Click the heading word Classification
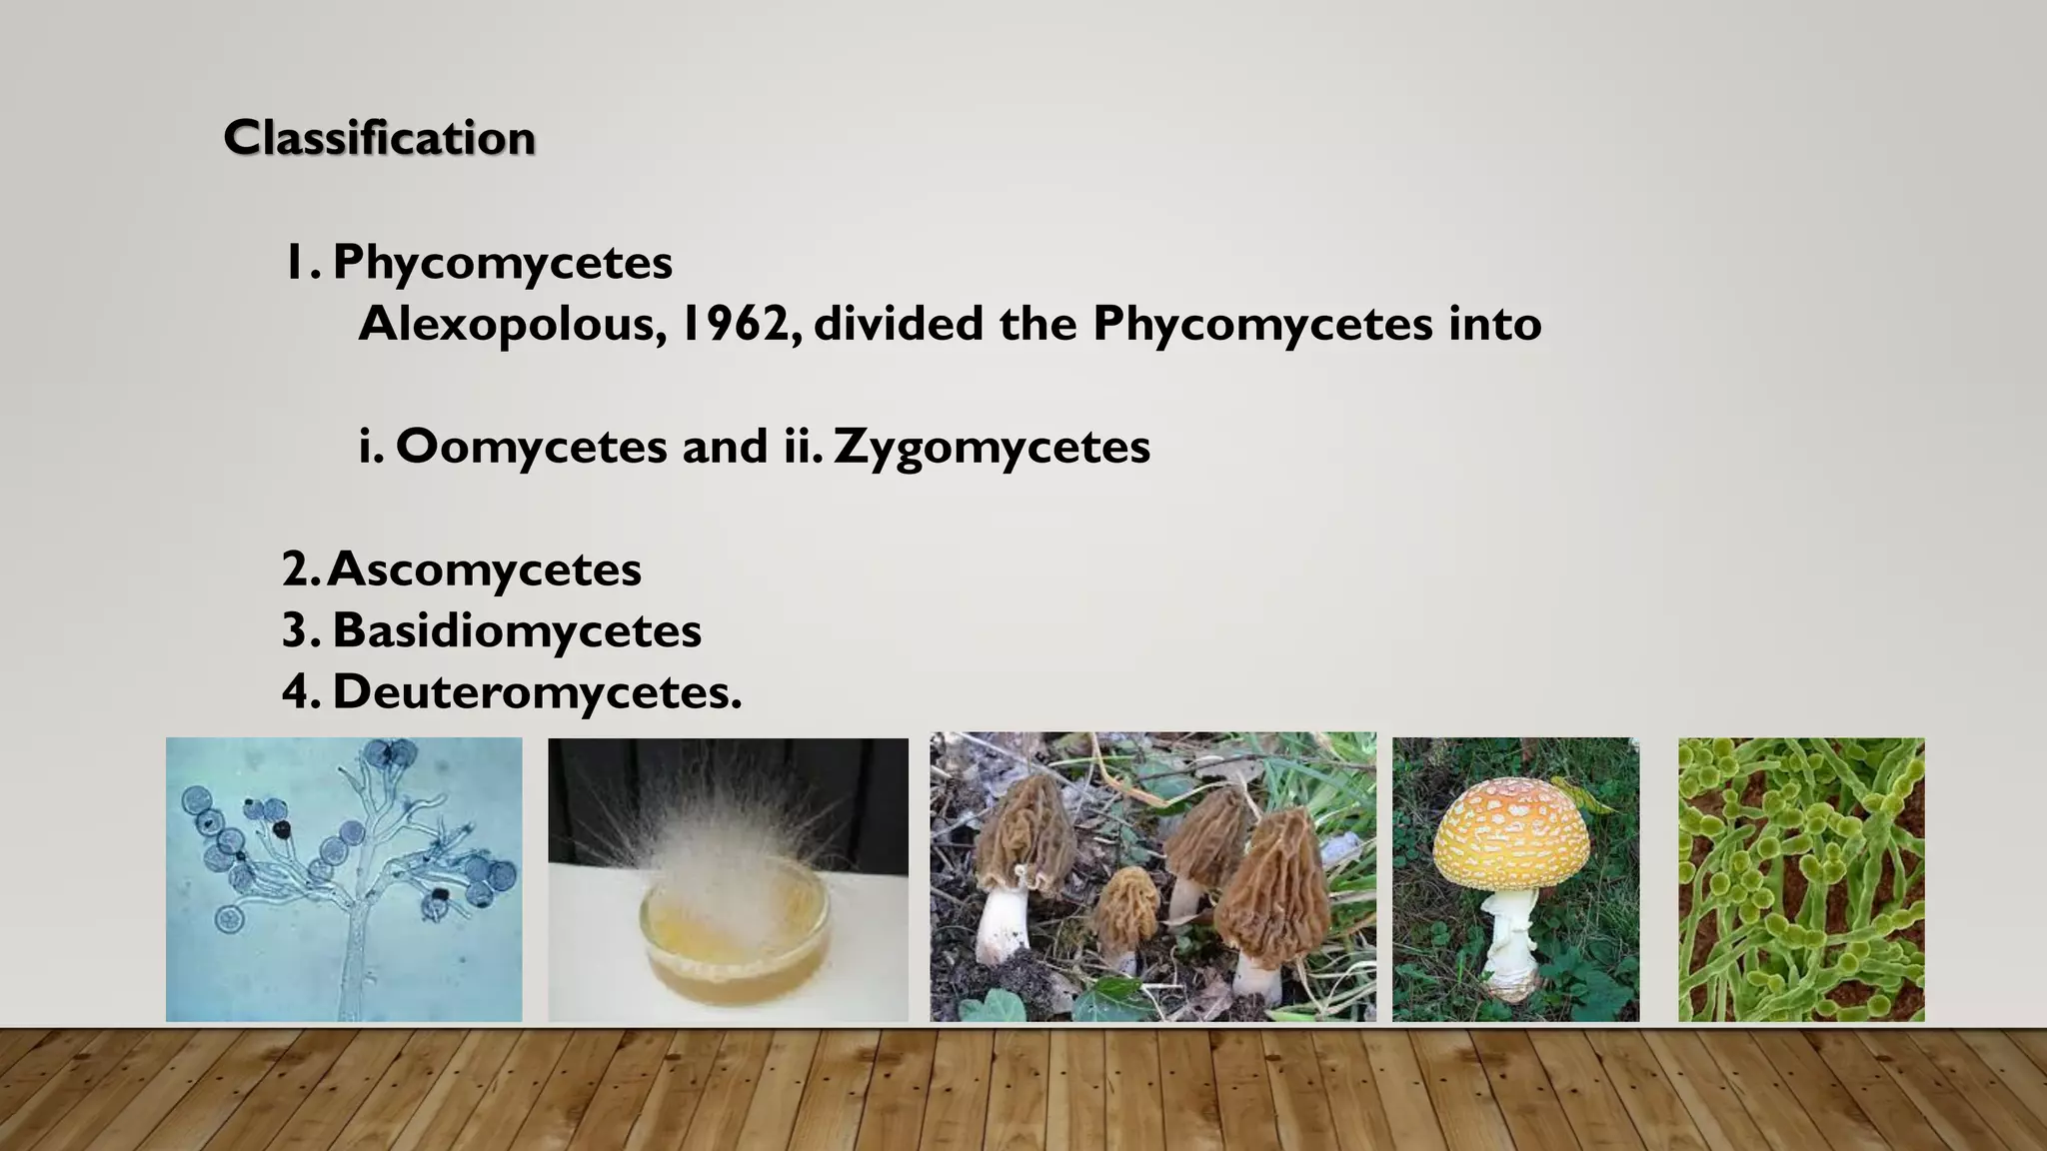tap(379, 138)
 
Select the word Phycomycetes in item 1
tap(502, 263)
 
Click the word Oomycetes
tap(531, 446)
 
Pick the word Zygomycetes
tap(992, 447)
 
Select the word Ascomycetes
tap(485, 570)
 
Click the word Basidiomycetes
tap(517, 630)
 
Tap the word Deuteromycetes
tap(537, 691)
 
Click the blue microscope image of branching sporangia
tap(344, 879)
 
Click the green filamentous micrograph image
tap(1801, 879)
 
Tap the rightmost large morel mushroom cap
tap(1274, 879)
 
